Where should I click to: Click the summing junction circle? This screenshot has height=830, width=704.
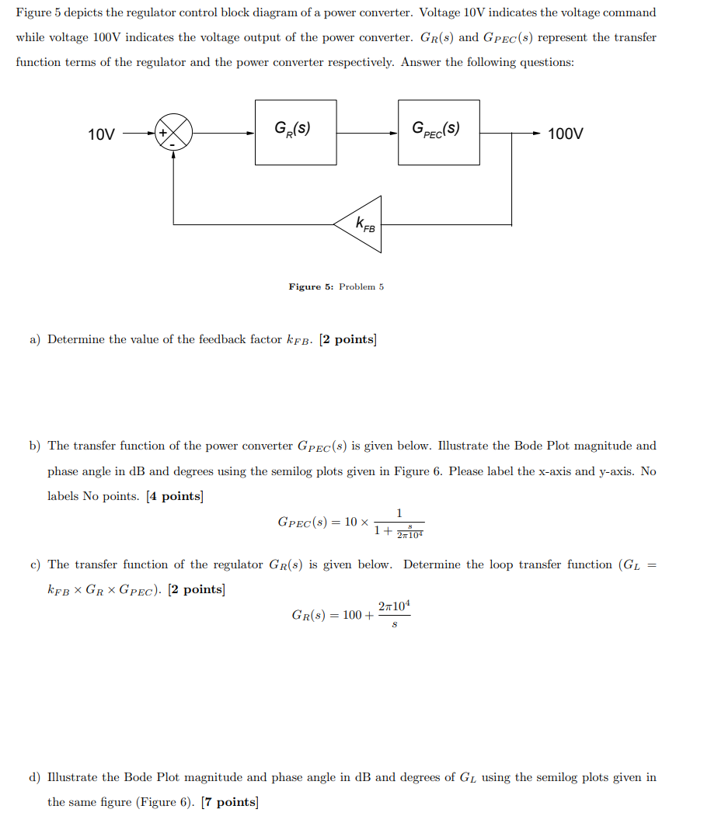point(173,132)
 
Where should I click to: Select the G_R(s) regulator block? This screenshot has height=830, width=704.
point(295,132)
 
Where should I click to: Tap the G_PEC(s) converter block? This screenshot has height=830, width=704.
point(438,132)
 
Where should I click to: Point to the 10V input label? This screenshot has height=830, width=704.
point(102,134)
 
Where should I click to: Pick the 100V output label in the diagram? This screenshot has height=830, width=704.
point(565,134)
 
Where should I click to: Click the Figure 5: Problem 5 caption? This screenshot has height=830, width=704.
point(336,287)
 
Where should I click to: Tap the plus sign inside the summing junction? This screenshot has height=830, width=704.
point(164,132)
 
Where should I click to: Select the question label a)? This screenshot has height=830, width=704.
point(35,339)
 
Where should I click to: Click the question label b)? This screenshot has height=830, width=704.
point(35,446)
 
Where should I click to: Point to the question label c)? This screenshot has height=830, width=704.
point(35,564)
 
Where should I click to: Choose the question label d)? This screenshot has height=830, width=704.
point(35,777)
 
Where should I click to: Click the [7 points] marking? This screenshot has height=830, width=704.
point(229,802)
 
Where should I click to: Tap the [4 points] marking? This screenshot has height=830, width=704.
point(174,496)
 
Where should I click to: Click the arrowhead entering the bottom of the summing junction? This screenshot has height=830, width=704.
point(173,154)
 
